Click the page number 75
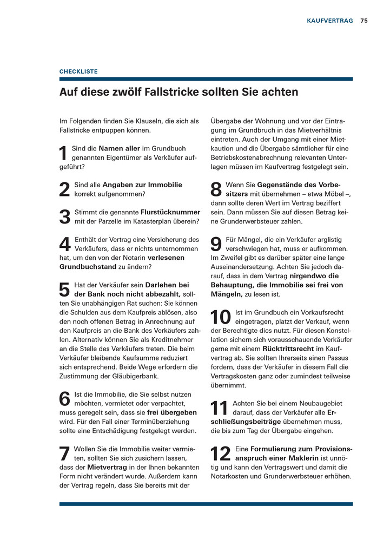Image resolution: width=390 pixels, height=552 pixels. coord(364,21)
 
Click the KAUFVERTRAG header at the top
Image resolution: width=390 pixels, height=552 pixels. coord(329,21)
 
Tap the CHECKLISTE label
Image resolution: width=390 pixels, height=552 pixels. coord(78,71)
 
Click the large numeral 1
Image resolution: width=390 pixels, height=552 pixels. coord(63,154)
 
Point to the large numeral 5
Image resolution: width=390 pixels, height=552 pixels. coord(64,290)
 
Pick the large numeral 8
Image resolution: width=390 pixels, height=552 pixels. coord(216,190)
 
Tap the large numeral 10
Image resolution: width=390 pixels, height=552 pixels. coord(221,317)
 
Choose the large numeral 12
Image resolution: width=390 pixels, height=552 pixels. coord(221,454)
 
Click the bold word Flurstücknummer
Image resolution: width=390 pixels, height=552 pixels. coord(170,212)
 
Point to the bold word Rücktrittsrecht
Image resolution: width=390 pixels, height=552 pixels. coord(288,349)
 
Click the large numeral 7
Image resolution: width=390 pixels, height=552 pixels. coord(64,454)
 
